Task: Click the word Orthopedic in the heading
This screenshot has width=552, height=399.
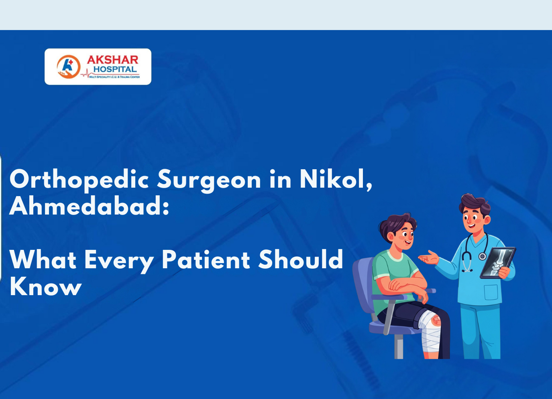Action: click(x=79, y=179)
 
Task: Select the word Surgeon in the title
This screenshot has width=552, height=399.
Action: click(x=209, y=179)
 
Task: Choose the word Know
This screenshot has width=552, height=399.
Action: click(x=45, y=286)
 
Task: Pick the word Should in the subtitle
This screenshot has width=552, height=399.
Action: click(x=301, y=259)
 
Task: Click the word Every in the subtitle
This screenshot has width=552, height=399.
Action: click(x=119, y=260)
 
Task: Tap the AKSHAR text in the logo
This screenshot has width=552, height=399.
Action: click(x=112, y=60)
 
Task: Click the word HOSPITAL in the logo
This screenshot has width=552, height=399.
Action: click(x=115, y=69)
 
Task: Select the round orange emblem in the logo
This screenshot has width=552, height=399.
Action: click(x=68, y=67)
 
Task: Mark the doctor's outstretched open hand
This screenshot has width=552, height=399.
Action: click(x=429, y=258)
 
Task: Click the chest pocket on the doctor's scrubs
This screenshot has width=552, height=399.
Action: click(x=491, y=292)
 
